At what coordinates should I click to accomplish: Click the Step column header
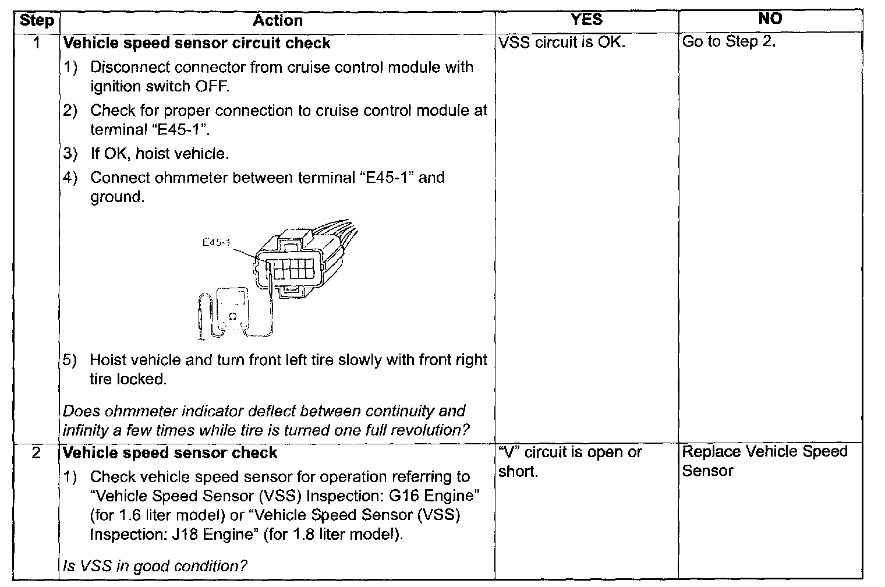point(37,21)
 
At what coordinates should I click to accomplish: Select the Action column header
point(278,21)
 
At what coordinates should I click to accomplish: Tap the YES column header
point(586,19)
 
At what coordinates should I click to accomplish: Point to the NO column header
point(770,19)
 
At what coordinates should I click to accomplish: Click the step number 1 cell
point(37,43)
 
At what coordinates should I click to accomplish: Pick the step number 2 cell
point(37,452)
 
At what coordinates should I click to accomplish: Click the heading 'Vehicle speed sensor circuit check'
point(196,43)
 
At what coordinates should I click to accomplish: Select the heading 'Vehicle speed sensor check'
point(170,452)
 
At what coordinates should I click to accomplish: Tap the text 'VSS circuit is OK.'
point(562,43)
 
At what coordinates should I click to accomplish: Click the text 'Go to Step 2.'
point(729,42)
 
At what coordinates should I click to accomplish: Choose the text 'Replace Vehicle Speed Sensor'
point(764,461)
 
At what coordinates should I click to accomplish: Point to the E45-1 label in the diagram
point(216,243)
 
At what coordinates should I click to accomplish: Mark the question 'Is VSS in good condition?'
point(155,565)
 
